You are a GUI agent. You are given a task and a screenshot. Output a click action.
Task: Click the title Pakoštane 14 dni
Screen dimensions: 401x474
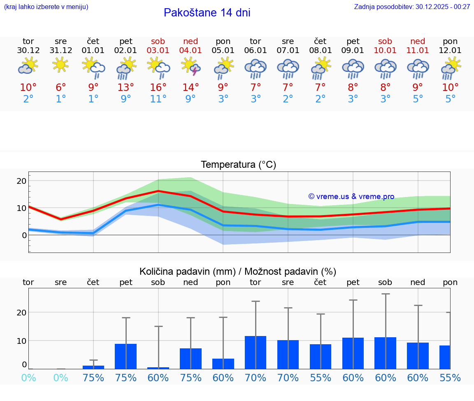point(207,13)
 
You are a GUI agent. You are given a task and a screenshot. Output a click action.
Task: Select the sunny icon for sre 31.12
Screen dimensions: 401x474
point(60,65)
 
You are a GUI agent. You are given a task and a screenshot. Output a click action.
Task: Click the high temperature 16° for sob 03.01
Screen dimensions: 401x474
point(158,88)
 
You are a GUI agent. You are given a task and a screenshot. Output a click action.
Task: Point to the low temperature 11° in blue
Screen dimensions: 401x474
point(158,99)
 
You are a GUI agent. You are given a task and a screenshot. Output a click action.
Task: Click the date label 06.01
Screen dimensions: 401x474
point(256,51)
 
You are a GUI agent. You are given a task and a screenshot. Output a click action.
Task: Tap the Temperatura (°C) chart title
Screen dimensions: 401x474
point(238,165)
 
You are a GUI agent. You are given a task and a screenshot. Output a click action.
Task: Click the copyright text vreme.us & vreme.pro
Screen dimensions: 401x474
point(351,197)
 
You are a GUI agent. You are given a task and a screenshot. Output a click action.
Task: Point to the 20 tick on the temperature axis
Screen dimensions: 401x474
point(21,181)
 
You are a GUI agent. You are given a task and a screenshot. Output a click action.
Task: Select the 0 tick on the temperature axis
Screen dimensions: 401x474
point(24,235)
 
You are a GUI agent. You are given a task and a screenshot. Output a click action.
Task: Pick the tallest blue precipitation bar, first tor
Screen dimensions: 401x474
point(256,352)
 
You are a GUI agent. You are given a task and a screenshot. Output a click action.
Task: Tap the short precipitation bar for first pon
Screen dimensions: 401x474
point(223,364)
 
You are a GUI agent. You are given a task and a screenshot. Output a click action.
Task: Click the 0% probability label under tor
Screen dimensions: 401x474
point(28,378)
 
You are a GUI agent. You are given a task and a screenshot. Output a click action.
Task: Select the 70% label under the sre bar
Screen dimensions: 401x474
point(288,378)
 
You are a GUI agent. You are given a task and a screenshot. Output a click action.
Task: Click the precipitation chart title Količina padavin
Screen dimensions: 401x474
point(238,271)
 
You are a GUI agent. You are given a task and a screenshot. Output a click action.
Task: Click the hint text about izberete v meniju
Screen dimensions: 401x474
point(46,7)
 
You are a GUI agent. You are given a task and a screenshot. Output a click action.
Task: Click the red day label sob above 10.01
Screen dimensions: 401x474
point(385,42)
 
